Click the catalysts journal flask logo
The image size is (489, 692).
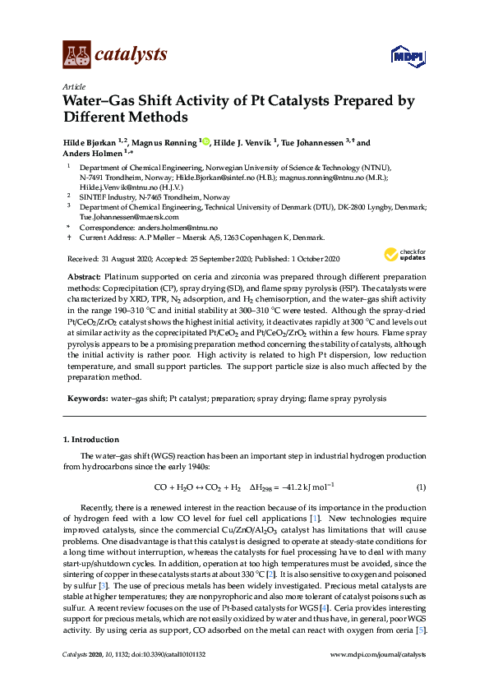pos(76,55)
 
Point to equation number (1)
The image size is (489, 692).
pos(420,487)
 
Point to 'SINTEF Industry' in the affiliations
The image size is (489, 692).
pos(105,197)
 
